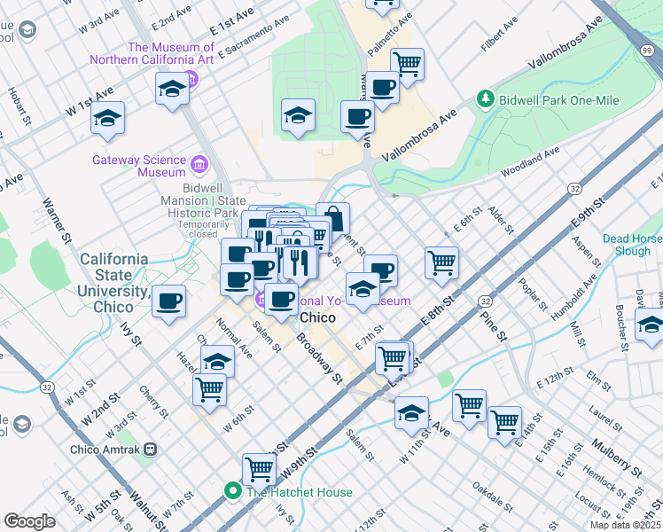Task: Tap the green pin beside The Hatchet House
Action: click(x=234, y=491)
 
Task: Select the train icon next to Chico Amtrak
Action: click(x=151, y=450)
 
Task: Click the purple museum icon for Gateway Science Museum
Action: click(x=199, y=166)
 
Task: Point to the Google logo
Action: click(x=29, y=520)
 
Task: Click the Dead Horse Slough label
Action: click(x=631, y=245)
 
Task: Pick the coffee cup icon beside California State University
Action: click(x=168, y=301)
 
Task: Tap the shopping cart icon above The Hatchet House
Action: click(x=259, y=467)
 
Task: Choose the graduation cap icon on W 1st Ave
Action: click(x=108, y=118)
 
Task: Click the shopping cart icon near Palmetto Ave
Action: click(x=407, y=63)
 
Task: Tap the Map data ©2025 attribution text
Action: click(x=625, y=525)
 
